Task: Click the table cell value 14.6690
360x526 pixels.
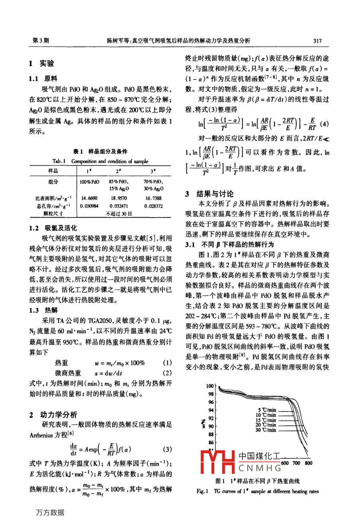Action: coord(89,198)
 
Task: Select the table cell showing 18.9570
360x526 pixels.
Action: coord(119,198)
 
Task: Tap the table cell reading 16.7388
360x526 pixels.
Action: coord(153,198)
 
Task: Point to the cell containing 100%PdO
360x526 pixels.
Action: coord(89,182)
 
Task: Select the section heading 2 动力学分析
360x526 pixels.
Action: coord(53,414)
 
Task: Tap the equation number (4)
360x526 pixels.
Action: coord(325,124)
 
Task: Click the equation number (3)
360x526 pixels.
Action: coord(168,449)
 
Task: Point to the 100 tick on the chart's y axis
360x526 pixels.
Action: coord(210,386)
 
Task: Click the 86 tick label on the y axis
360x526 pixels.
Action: coord(211,442)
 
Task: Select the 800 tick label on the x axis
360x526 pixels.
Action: coord(309,463)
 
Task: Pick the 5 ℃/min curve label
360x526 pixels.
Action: coord(266,410)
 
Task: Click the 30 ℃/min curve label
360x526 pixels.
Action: coord(266,430)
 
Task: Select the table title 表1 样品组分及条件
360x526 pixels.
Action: coord(100,151)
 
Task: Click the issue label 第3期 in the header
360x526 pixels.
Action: coord(40,41)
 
